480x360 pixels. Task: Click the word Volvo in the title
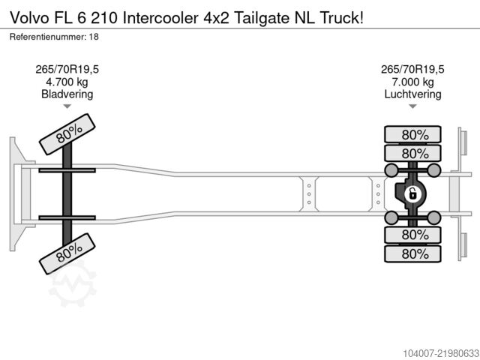[29, 18]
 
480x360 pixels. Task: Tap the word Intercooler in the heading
[160, 18]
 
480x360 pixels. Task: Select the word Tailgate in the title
[262, 18]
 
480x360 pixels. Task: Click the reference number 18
[94, 37]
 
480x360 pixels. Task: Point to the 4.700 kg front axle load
[67, 82]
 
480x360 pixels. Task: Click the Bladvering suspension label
[67, 94]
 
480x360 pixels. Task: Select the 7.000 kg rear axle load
[412, 82]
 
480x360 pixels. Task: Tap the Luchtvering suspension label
[412, 94]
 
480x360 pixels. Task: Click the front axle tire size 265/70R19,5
[67, 70]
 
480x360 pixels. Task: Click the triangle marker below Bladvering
[67, 106]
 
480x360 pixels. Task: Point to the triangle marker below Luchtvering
[412, 106]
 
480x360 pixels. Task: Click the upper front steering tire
[67, 134]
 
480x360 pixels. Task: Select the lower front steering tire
[67, 253]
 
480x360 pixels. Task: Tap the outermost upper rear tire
[412, 134]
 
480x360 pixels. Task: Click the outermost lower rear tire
[412, 253]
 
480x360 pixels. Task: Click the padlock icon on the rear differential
[412, 194]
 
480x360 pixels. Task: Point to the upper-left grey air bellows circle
[391, 170]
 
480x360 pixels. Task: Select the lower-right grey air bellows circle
[434, 217]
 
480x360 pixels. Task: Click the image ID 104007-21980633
[441, 353]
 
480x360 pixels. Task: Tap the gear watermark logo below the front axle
[73, 284]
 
